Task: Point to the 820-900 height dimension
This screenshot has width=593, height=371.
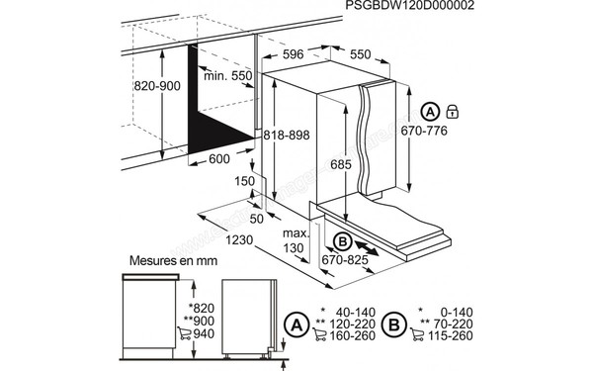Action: pyautogui.click(x=135, y=86)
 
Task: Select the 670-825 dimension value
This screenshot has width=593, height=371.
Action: pyautogui.click(x=344, y=260)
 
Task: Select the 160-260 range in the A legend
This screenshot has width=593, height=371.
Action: pyautogui.click(x=355, y=335)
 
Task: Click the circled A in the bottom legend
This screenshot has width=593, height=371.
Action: pyautogui.click(x=294, y=323)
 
